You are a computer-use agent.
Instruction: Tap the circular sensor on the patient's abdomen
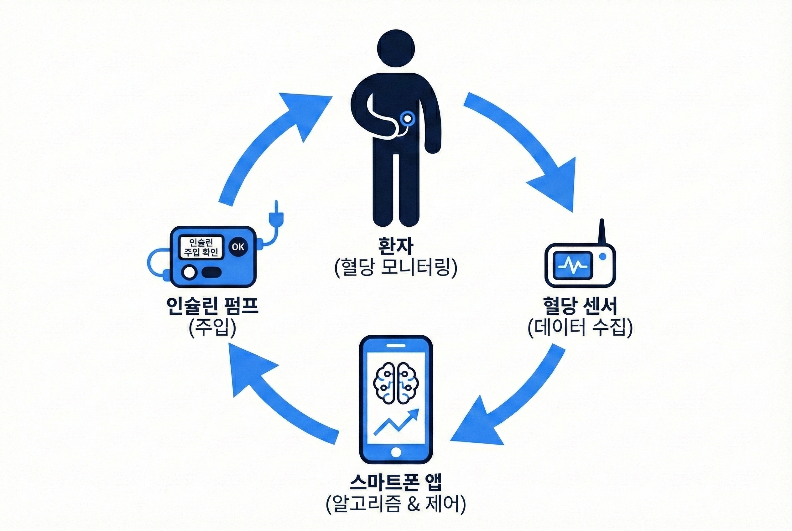pos(407,118)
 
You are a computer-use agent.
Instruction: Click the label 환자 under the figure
pos(395,246)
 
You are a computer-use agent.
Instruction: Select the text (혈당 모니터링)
pos(395,267)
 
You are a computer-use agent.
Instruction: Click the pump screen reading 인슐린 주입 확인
pos(201,247)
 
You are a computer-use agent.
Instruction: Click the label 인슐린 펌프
pos(212,306)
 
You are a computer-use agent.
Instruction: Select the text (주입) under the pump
pos(212,327)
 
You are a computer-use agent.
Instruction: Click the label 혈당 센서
pos(580,306)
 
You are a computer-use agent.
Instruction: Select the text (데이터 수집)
pos(580,327)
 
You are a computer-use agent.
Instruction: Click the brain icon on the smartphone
pos(395,383)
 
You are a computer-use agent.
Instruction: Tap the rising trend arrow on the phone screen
pos(397,422)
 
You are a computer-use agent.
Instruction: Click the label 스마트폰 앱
pos(395,482)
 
